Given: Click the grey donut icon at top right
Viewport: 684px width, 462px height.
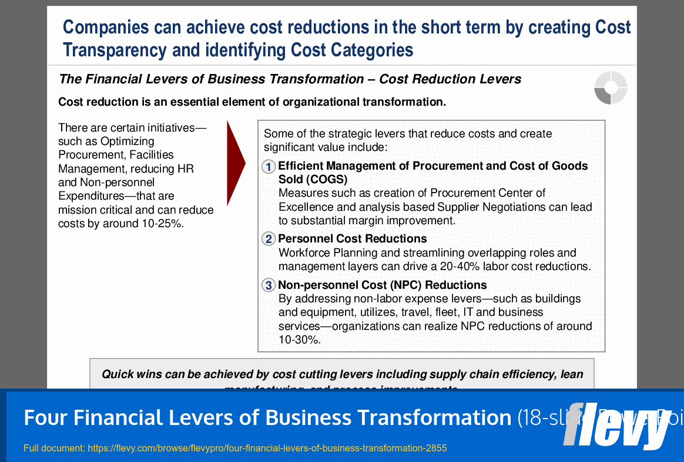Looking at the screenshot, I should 611,88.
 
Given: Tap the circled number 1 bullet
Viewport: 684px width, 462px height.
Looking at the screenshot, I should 269,167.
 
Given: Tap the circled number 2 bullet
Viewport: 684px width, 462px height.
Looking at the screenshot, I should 269,239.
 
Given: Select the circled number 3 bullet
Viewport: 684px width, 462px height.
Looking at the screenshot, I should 269,285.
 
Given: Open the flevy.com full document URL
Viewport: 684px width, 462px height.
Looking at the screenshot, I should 267,448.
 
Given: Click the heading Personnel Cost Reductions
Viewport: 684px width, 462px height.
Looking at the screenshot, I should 352,239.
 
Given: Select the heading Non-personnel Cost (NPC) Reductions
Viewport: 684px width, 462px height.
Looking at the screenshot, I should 382,285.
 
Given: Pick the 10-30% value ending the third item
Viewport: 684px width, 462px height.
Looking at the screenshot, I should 299,340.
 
